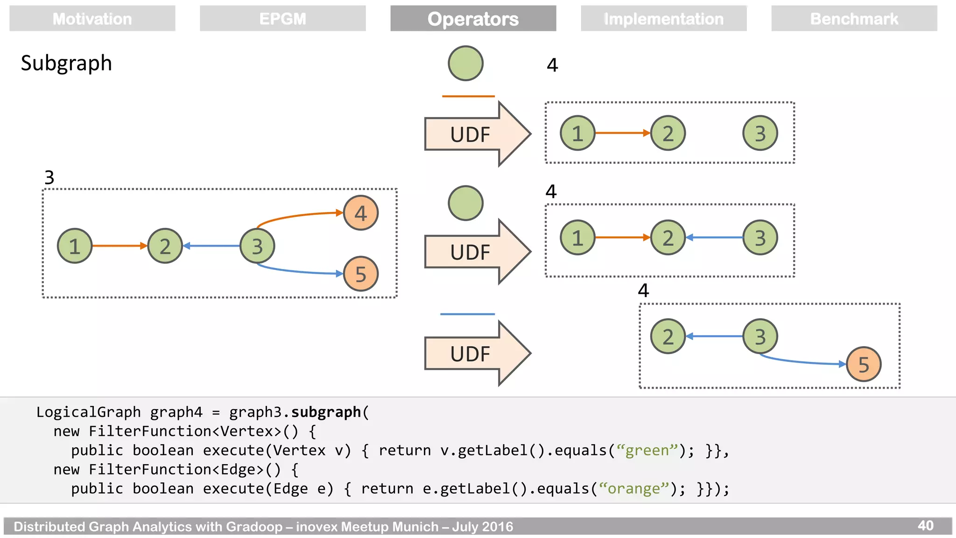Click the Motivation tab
click(92, 19)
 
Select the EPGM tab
click(282, 19)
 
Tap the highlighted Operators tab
click(473, 19)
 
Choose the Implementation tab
click(663, 19)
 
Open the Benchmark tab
click(854, 19)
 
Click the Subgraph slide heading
click(66, 63)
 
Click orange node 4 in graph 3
click(360, 213)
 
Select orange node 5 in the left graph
click(360, 274)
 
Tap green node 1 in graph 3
click(75, 246)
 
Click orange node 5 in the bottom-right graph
click(863, 364)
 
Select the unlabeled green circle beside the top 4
click(465, 63)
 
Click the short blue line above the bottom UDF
click(467, 314)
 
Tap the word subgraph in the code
click(326, 412)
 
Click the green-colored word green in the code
click(647, 450)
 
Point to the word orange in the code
click(633, 488)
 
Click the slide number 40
click(925, 525)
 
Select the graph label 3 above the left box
click(49, 177)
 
